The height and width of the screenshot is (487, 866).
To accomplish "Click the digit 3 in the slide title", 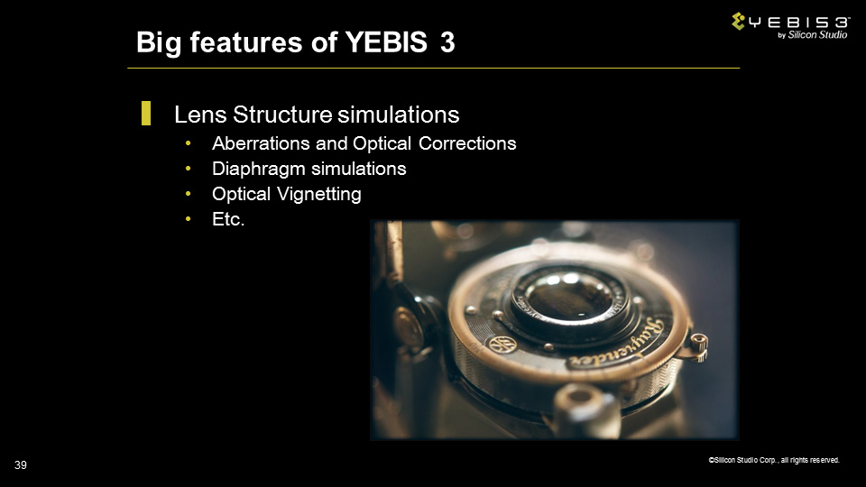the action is point(448,42).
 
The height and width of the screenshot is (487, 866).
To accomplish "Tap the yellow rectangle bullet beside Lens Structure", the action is point(146,113).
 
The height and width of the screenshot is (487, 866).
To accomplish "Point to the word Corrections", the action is point(467,143).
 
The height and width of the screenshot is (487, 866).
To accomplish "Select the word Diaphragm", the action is point(259,169).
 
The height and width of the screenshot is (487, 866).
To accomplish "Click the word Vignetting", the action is point(318,195).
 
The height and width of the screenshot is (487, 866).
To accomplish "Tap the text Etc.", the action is point(228,219).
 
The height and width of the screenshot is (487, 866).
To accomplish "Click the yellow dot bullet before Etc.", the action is point(189,219).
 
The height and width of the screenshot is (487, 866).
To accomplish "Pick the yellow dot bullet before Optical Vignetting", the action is point(189,194).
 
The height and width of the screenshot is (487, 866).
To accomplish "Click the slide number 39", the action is point(21,465).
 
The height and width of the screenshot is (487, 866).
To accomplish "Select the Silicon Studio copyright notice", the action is point(774,460).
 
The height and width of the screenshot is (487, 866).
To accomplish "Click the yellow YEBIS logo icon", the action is point(739,21).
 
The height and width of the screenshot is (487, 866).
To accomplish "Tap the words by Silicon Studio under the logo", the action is point(812,35).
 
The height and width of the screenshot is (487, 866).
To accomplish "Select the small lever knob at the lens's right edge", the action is point(698,346).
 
